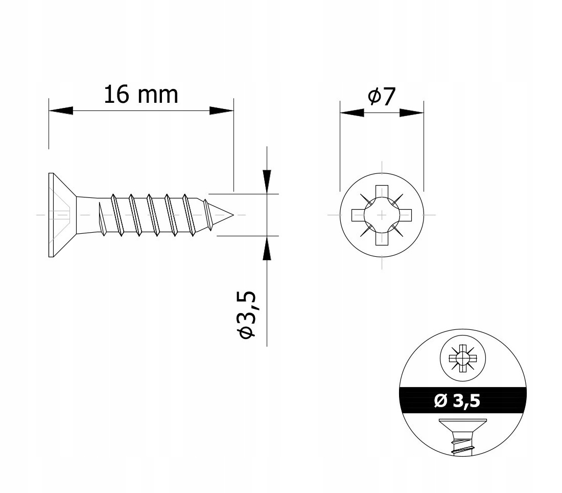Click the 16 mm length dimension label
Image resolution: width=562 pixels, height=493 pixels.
coord(141,95)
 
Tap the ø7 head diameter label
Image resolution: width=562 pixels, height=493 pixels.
coord(382,96)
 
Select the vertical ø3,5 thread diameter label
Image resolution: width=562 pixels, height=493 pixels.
coord(247,315)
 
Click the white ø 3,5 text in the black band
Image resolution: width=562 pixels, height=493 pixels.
coord(457,400)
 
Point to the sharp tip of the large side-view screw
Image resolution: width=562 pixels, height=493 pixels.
coord(233,215)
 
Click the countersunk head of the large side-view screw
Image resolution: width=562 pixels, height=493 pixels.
coord(62,215)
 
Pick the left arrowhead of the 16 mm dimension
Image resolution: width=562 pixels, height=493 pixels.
coord(61,110)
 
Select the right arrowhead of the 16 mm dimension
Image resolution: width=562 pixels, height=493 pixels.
coord(222,110)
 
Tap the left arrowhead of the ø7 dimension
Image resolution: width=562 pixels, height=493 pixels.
coord(352,113)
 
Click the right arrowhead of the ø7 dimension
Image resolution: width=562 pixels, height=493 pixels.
coord(411,113)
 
